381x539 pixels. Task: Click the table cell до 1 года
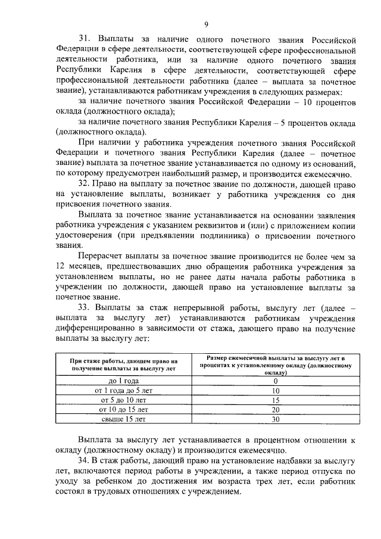point(124,381)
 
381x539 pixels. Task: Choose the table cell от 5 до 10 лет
point(124,400)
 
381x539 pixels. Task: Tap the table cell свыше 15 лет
point(124,419)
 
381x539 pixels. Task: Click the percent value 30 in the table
point(276,419)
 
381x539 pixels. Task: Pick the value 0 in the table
point(276,381)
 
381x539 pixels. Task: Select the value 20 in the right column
point(276,409)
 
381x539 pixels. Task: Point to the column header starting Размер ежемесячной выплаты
point(276,364)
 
